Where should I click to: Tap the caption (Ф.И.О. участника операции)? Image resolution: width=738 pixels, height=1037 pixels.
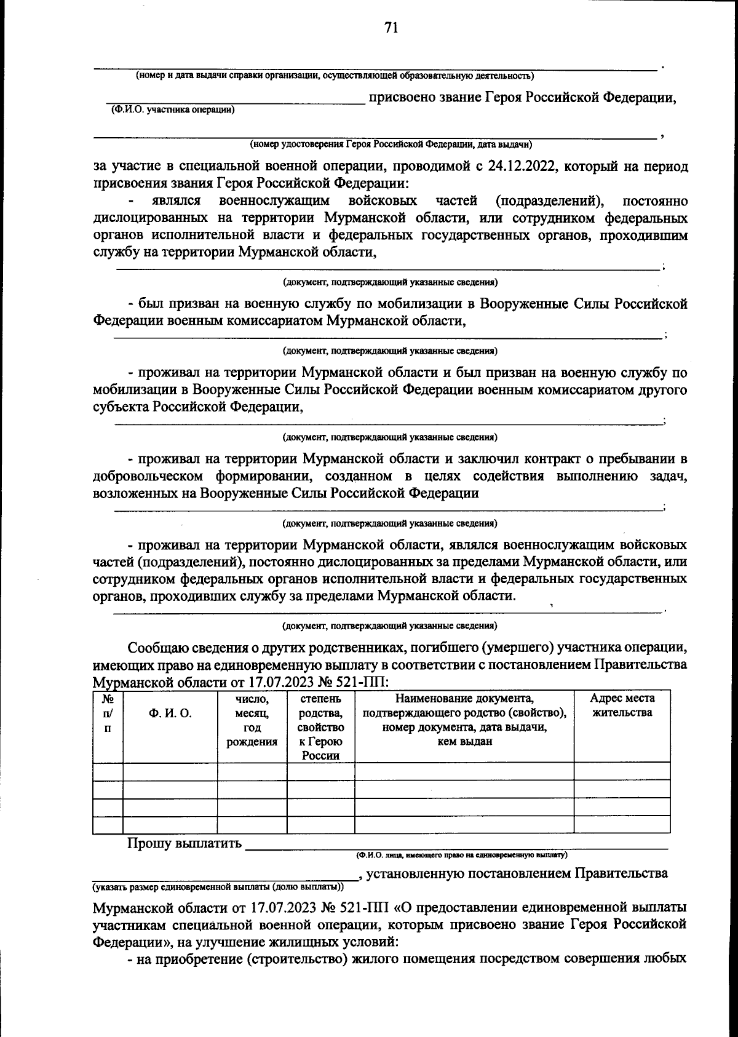173,110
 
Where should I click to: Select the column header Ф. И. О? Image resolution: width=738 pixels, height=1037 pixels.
170,713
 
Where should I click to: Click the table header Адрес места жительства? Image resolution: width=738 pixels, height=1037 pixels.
622,705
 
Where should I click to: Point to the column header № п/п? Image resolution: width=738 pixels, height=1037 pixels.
108,713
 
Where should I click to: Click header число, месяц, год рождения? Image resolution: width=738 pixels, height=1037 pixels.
252,720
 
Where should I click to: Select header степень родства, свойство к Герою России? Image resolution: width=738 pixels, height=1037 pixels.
321,727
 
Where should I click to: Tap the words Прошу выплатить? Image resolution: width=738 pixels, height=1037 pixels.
184,843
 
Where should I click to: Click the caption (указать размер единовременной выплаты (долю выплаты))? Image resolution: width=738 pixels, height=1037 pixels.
218,888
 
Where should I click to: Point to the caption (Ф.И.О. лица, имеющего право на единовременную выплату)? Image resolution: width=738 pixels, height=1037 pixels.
461,855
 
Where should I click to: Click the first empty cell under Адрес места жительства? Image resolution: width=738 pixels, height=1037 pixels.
622,771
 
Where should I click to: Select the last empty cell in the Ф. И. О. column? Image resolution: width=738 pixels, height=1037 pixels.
170,825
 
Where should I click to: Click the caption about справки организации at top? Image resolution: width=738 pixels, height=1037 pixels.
335,76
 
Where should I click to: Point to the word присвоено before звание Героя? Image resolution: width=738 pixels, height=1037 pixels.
400,97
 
